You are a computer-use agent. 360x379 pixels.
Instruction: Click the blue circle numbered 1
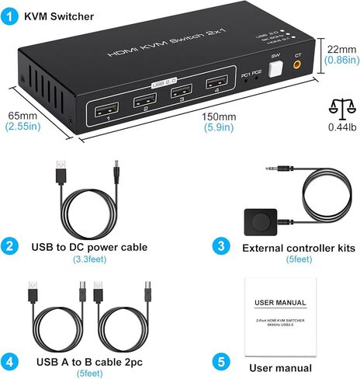click(10, 15)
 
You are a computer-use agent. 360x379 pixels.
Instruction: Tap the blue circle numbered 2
click(10, 247)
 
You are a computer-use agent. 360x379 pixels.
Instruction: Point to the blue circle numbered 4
click(10, 361)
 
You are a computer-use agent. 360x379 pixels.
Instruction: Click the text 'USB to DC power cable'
click(89, 248)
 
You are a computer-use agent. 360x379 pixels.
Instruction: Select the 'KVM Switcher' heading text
click(59, 16)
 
